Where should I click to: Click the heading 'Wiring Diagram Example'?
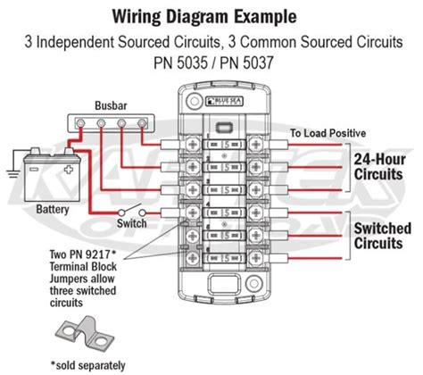211,15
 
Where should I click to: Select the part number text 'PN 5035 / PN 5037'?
211,65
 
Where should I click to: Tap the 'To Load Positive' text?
328,132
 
